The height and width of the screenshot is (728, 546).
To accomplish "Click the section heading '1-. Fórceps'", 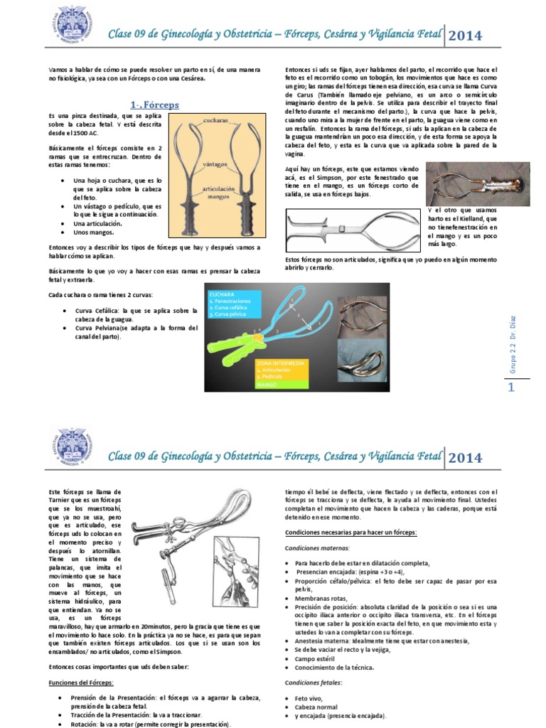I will [154, 105].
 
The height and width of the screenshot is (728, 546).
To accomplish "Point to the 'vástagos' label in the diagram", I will [205, 164].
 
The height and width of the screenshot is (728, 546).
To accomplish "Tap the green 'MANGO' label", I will [266, 385].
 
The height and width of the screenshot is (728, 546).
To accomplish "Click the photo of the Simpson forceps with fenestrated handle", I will [477, 184].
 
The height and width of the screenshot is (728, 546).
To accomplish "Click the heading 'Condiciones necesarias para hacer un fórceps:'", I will [350, 532].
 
